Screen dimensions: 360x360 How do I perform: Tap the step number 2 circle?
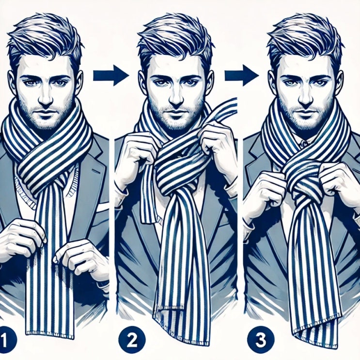coord(132,340)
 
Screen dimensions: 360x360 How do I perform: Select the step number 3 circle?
coord(261,340)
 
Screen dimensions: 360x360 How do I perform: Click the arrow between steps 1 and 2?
coord(111,75)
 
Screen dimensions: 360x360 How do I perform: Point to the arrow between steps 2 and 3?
coord(242,75)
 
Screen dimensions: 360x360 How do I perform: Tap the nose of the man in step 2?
coord(176,97)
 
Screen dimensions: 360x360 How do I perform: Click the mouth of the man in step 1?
coord(46,112)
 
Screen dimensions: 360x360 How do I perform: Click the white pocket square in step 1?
coord(102,206)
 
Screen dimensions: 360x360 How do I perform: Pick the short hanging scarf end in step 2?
coord(149,195)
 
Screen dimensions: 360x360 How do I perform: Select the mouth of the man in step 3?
coord(306,113)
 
